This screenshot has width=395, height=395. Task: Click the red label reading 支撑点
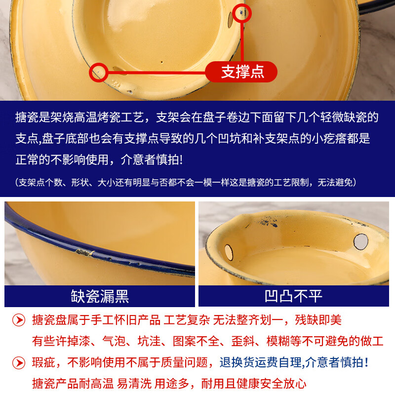(241, 72)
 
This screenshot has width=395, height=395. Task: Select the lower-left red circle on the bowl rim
(98, 72)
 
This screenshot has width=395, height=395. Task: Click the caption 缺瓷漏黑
(100, 296)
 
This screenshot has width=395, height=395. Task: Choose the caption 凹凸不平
(294, 296)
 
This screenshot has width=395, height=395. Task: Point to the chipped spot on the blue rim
(84, 253)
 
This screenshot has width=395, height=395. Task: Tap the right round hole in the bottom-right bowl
(361, 241)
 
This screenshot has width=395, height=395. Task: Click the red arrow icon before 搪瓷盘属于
(18, 320)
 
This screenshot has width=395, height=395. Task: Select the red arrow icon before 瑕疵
(18, 363)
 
